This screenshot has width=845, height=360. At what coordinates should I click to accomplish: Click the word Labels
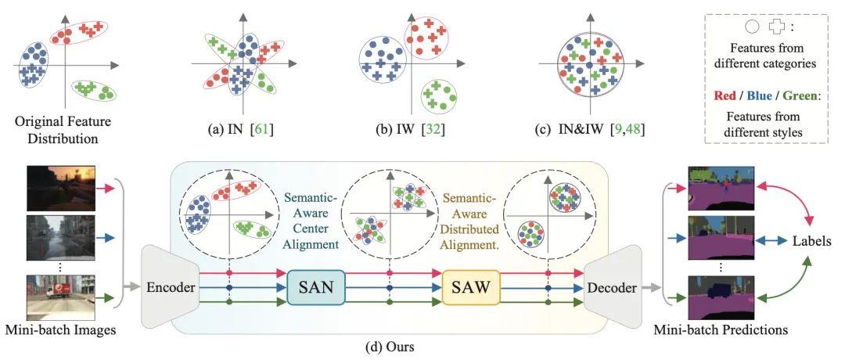811,242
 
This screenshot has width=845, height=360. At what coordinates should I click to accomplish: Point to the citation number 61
261,130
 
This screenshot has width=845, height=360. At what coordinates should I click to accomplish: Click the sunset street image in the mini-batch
62,188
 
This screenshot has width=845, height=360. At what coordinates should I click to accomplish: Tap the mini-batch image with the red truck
62,297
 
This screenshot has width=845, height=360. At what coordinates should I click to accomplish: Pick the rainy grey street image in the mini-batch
62,236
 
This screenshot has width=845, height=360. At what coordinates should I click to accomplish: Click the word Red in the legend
725,96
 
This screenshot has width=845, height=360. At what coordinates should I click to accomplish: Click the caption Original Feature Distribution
63,130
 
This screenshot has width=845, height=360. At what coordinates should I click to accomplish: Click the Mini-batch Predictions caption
721,329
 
